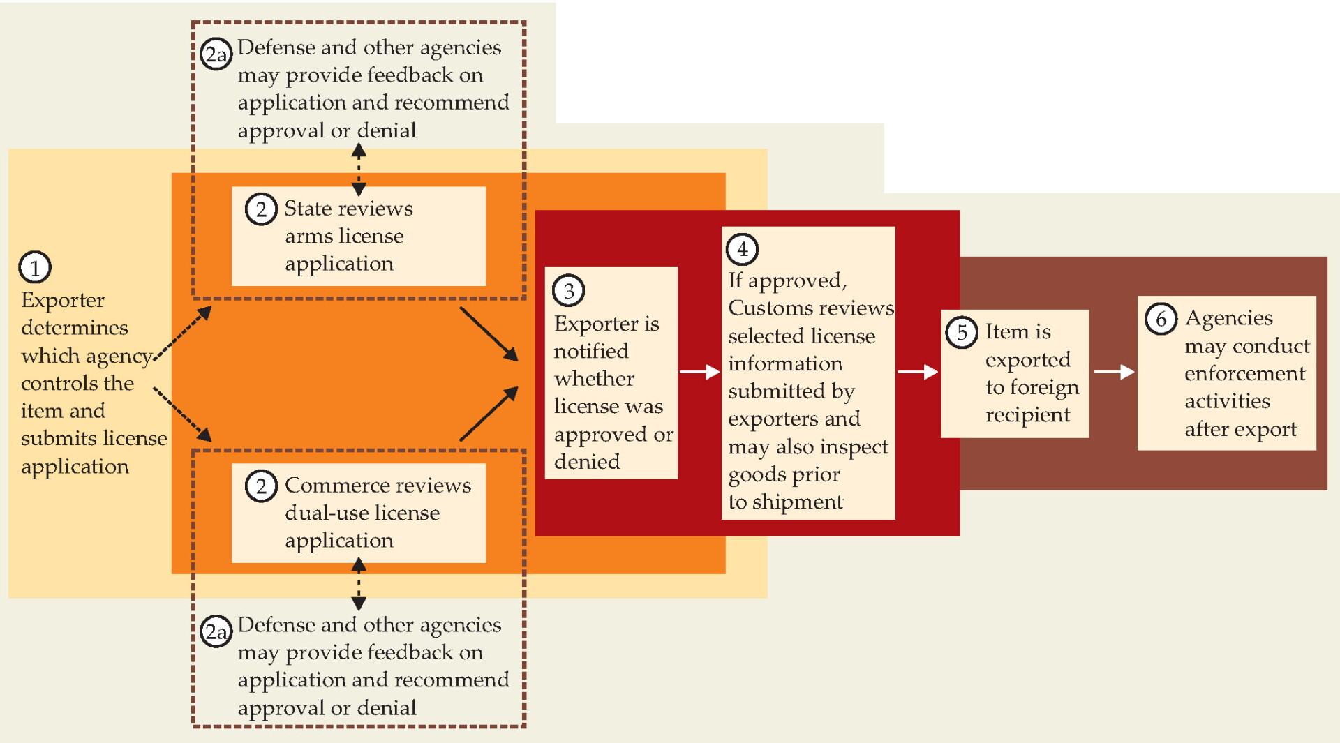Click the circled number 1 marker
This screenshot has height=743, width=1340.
pos(35,267)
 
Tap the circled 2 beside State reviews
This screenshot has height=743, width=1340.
pos(261,209)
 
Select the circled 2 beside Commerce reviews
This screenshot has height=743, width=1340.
pos(261,486)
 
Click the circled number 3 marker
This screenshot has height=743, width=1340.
pos(569,291)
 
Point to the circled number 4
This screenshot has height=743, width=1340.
pos(743,249)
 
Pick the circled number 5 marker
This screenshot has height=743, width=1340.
pos(962,332)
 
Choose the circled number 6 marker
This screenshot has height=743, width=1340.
pos(1161,319)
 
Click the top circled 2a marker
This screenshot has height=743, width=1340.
pos(216,54)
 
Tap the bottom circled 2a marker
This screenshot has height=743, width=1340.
pos(216,631)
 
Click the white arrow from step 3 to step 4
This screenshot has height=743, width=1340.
pos(699,372)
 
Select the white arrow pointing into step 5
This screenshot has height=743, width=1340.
pos(918,372)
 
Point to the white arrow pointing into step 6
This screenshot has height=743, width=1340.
pos(1115,372)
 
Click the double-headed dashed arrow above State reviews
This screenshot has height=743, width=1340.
pos(359,170)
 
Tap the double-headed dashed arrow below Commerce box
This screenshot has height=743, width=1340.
pos(359,584)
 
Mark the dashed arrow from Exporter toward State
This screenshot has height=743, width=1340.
pos(182,333)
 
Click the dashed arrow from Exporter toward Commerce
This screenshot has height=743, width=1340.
pos(182,414)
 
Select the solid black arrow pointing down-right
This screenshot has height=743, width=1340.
pos(489,334)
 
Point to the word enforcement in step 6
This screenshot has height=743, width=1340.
pos(1244,373)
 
